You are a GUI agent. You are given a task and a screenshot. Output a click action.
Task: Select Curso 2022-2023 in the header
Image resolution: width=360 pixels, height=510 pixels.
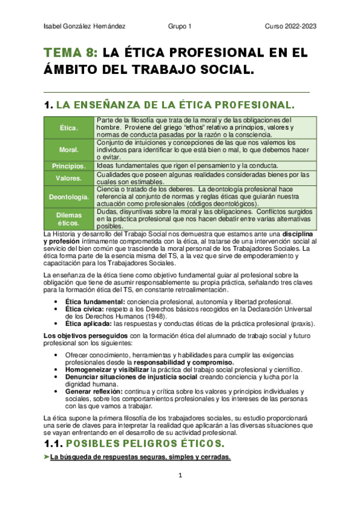[291, 26]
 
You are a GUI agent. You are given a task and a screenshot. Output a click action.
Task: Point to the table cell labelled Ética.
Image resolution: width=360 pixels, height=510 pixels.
[69, 128]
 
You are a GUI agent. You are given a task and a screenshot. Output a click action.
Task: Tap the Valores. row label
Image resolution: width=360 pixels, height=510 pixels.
[69, 178]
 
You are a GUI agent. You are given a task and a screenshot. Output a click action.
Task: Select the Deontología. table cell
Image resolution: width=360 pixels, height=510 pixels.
[69, 197]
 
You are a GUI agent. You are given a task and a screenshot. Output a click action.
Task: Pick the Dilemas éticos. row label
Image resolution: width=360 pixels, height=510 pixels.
[69, 218]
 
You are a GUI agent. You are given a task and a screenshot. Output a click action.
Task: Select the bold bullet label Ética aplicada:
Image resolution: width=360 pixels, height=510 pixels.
[88, 324]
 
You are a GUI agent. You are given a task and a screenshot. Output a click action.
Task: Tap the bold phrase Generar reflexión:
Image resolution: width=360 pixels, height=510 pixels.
[93, 392]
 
